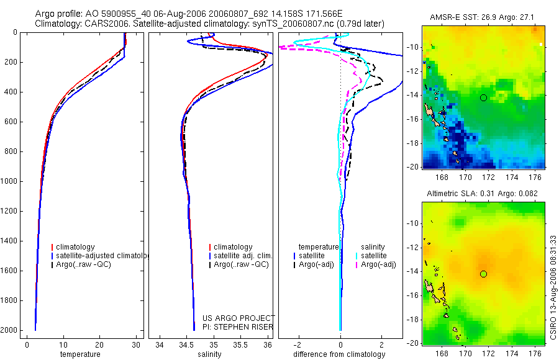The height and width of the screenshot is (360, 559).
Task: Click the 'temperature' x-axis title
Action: pyautogui.click(x=80, y=354)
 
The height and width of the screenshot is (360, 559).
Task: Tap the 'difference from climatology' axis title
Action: pyautogui.click(x=340, y=354)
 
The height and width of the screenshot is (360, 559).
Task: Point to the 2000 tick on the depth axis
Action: pyautogui.click(x=9, y=330)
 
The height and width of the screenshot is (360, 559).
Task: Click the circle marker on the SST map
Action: pyautogui.click(x=483, y=97)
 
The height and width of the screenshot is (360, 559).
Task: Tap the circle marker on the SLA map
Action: pyautogui.click(x=483, y=274)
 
